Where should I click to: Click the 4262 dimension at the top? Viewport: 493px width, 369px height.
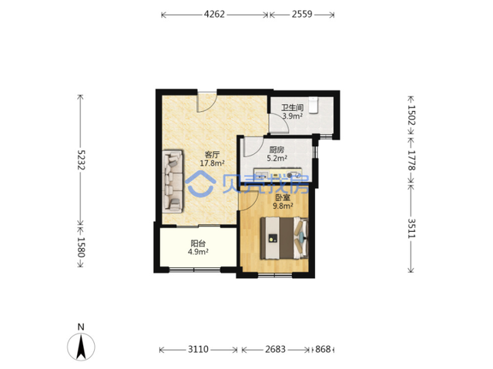click(x=214, y=14)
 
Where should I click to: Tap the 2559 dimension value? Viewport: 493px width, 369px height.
click(x=302, y=14)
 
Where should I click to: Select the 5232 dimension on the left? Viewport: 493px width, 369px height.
click(x=81, y=159)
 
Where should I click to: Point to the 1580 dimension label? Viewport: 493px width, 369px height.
click(x=81, y=247)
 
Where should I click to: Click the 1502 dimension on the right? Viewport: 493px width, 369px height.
click(x=411, y=115)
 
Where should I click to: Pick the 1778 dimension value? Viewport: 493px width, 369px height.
click(x=411, y=160)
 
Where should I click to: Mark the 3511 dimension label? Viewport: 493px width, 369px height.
click(x=411, y=228)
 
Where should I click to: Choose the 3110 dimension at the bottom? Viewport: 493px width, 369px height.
click(x=198, y=349)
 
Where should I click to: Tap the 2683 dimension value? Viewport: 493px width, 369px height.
click(x=276, y=349)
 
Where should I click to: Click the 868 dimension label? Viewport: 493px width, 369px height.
click(x=323, y=349)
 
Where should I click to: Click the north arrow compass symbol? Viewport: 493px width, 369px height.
click(x=81, y=347)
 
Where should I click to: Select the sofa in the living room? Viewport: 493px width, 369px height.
click(x=173, y=181)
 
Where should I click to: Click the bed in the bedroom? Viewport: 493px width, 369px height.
click(x=284, y=238)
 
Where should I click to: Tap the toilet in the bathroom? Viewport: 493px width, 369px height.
click(x=314, y=105)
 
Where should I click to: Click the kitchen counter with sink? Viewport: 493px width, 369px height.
click(x=278, y=176)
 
